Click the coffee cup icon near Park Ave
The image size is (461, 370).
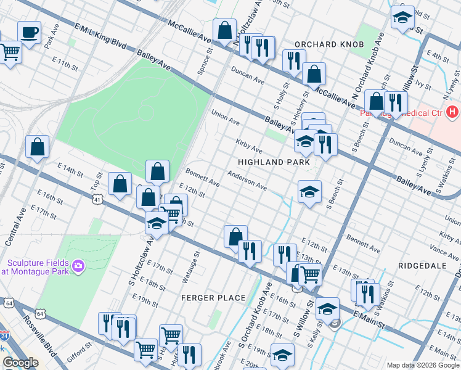point(28,32)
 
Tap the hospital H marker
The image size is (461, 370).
point(452,112)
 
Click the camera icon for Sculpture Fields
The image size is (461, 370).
point(78,266)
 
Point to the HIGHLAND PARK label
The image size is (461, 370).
point(274,162)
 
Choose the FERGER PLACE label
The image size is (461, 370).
point(213,298)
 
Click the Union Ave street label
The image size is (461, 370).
point(225,118)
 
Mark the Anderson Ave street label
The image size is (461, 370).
point(247,181)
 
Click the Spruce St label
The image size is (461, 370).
point(201,70)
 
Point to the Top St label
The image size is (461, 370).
point(96,179)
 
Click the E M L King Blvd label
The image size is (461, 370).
point(100,36)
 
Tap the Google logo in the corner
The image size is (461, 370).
point(20,363)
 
